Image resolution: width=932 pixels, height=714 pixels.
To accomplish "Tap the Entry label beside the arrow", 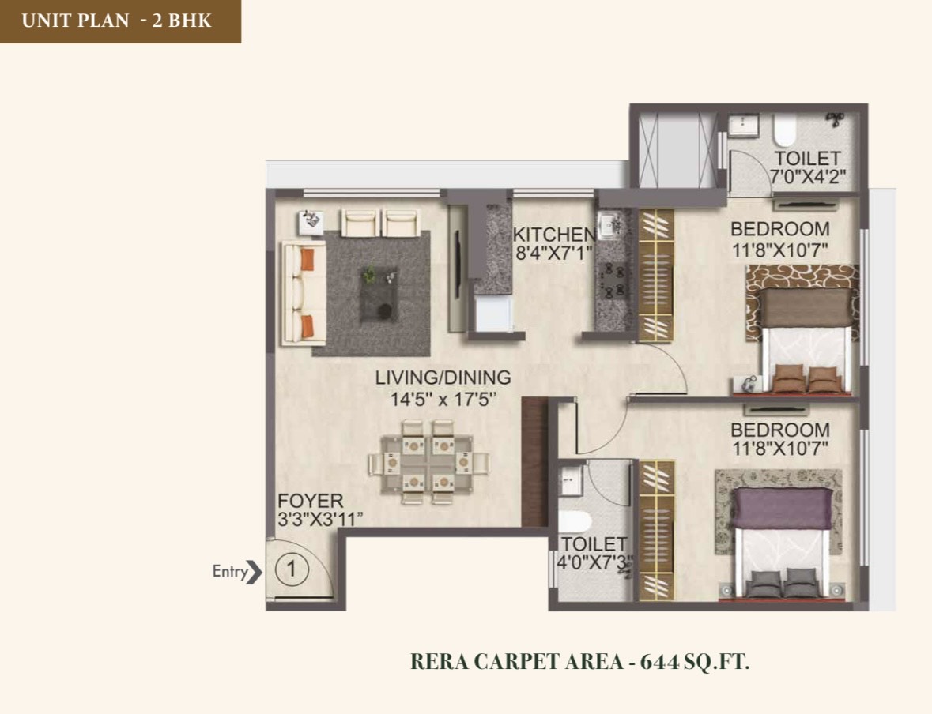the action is click(230, 572).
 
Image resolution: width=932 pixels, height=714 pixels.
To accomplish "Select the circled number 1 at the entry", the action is click(292, 569).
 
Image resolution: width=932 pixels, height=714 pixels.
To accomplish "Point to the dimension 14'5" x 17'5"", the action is click(443, 399).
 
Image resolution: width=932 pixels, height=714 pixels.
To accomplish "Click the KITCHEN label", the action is click(554, 234).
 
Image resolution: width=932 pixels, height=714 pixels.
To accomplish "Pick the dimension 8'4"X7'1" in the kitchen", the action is click(553, 254).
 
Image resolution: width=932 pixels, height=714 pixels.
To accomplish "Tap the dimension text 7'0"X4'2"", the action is click(808, 177).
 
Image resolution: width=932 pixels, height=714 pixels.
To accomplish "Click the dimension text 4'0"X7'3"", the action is click(594, 562).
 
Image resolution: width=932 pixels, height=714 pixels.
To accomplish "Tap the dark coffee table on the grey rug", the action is click(379, 294).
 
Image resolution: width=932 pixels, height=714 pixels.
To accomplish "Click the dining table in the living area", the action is click(428, 462).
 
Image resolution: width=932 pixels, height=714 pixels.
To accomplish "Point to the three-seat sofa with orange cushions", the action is click(304, 293).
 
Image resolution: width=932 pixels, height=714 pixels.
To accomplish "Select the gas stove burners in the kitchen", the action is click(613, 281).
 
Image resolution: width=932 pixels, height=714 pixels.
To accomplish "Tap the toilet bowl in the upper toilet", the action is click(785, 130).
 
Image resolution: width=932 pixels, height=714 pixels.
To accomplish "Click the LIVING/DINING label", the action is click(443, 378).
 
